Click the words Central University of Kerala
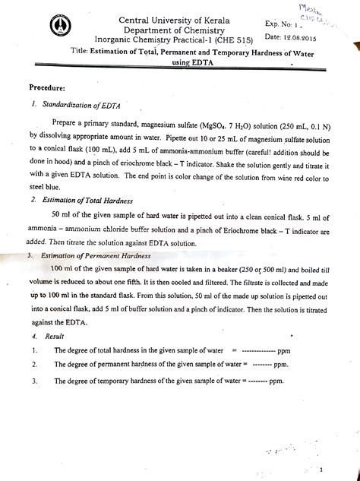point(158,17)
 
